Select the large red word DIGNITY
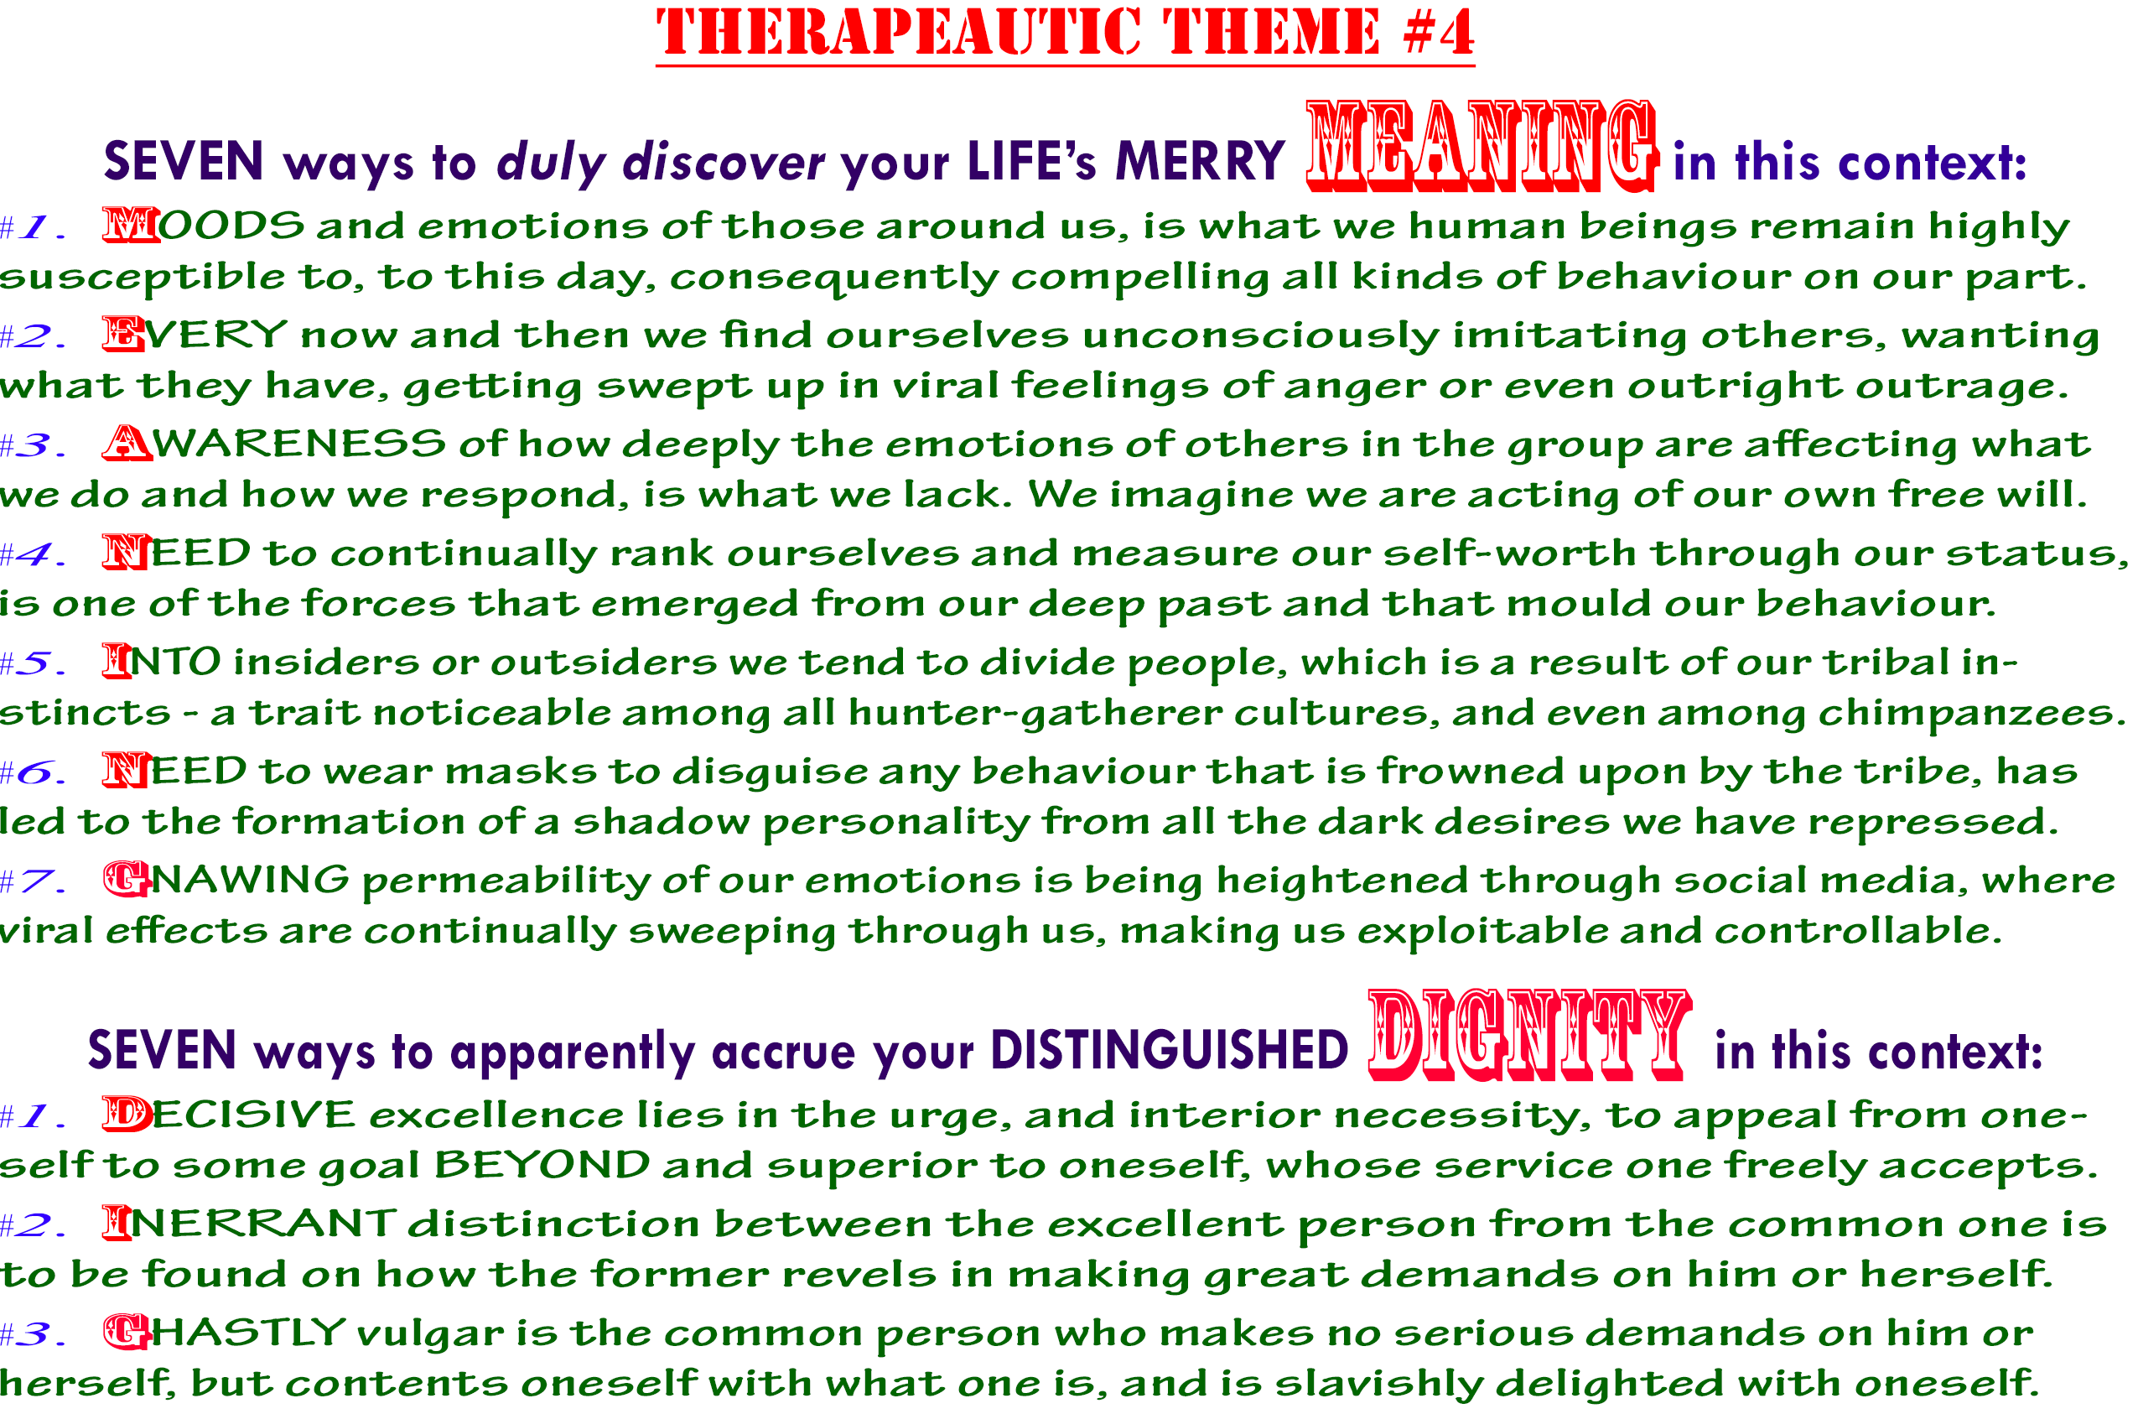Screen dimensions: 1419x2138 tap(1529, 1035)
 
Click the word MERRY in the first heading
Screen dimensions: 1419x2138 tap(1200, 163)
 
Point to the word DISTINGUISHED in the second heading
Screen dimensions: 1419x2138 tap(1169, 1052)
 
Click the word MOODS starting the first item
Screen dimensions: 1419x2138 tap(204, 226)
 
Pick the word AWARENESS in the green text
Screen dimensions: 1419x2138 tap(274, 444)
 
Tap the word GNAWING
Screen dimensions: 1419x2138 tap(226, 880)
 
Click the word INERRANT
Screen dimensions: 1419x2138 tap(249, 1224)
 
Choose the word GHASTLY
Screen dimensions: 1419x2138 tap(225, 1332)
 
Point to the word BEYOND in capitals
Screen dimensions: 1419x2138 tap(542, 1166)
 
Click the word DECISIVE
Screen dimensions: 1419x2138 tap(229, 1115)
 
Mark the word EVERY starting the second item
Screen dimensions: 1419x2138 tap(195, 335)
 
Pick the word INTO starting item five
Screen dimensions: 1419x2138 tap(162, 662)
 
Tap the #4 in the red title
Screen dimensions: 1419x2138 tap(1440, 32)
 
